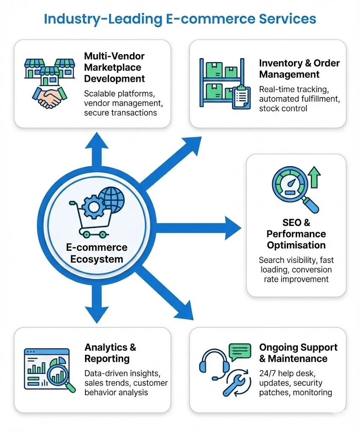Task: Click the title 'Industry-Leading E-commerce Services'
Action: (180, 19)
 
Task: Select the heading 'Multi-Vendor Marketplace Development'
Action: (114, 67)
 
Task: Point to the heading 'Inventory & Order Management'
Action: (299, 69)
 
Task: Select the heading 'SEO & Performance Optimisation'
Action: (296, 234)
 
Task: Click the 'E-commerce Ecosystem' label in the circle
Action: (96, 253)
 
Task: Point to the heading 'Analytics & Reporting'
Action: (110, 353)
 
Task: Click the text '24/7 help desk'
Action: (283, 373)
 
